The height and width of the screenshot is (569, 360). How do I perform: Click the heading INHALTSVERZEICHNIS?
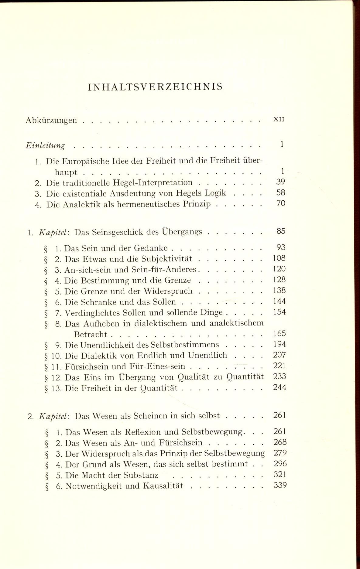point(155,87)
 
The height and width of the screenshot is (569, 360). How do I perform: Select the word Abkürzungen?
point(51,121)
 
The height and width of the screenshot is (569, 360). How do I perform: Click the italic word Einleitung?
point(45,145)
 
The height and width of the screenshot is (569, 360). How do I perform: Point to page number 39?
point(281,182)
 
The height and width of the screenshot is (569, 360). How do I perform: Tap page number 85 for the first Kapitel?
point(281,231)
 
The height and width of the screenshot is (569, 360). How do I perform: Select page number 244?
point(279,387)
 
